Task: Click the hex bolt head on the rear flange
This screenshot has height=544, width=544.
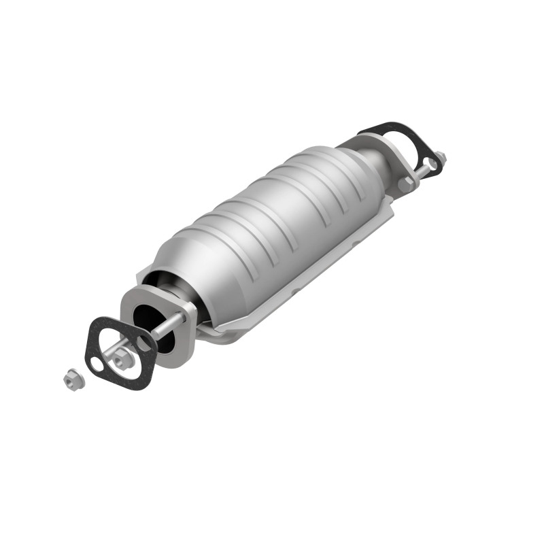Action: point(406,182)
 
